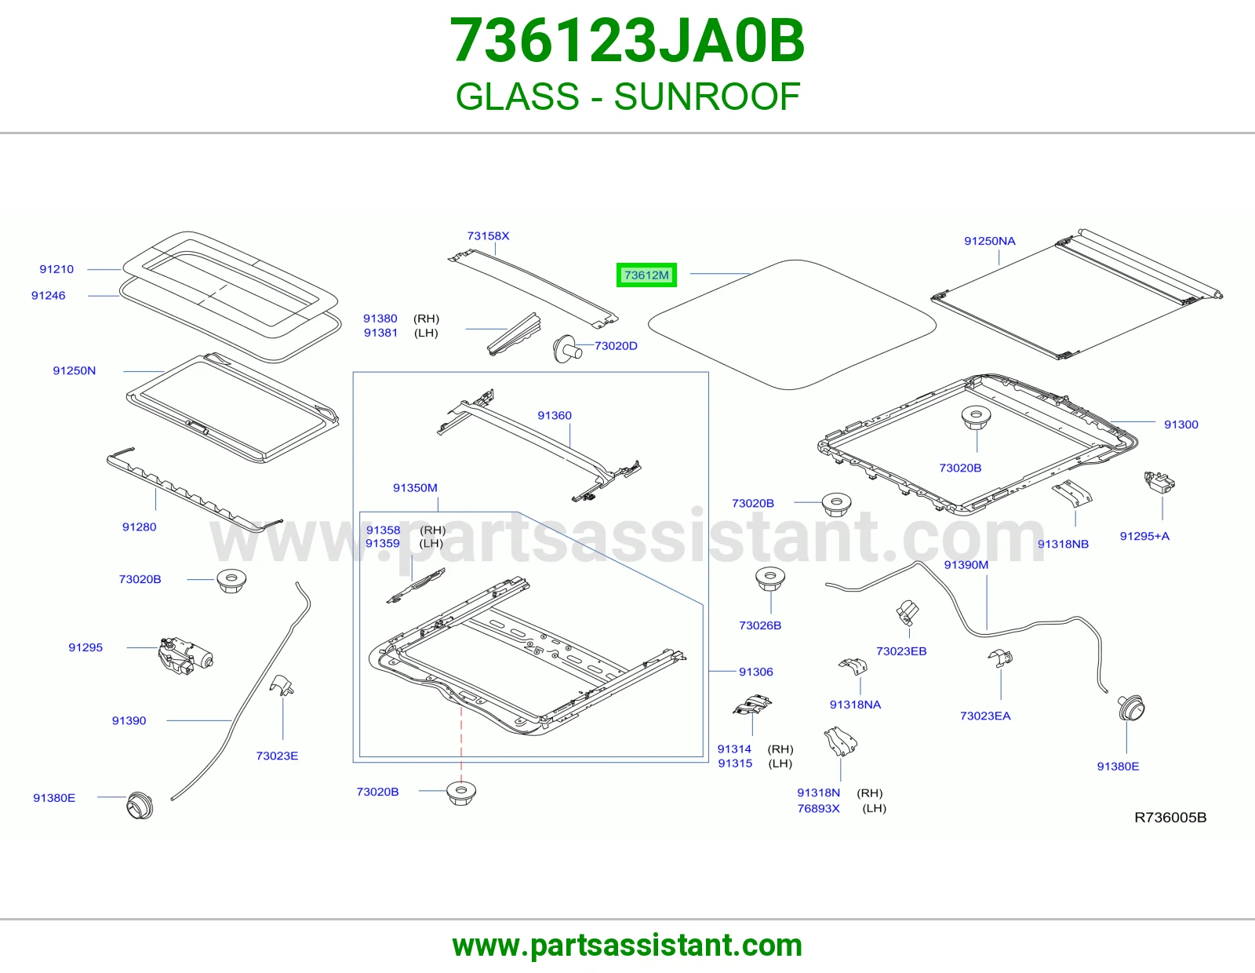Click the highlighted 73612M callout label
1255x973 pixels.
(x=646, y=275)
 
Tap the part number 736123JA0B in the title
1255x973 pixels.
(x=627, y=41)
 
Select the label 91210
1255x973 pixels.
(x=56, y=269)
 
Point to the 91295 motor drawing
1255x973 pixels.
(x=185, y=655)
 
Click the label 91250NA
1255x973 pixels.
(x=989, y=241)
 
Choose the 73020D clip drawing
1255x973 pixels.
(x=566, y=348)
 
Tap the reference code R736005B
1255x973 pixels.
(x=1170, y=818)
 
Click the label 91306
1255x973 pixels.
(x=755, y=672)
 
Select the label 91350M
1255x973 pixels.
(x=415, y=487)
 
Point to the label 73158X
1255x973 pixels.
(x=488, y=235)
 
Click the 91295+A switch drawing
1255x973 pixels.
(x=1159, y=482)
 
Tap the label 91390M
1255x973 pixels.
(x=966, y=565)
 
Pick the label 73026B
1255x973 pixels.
(x=760, y=625)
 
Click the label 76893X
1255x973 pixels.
(x=818, y=808)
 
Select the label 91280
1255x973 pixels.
(x=139, y=527)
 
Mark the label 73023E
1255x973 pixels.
(x=277, y=756)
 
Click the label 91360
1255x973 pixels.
(x=555, y=415)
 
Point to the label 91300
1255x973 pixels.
(x=1181, y=425)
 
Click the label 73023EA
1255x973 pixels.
(x=985, y=716)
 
